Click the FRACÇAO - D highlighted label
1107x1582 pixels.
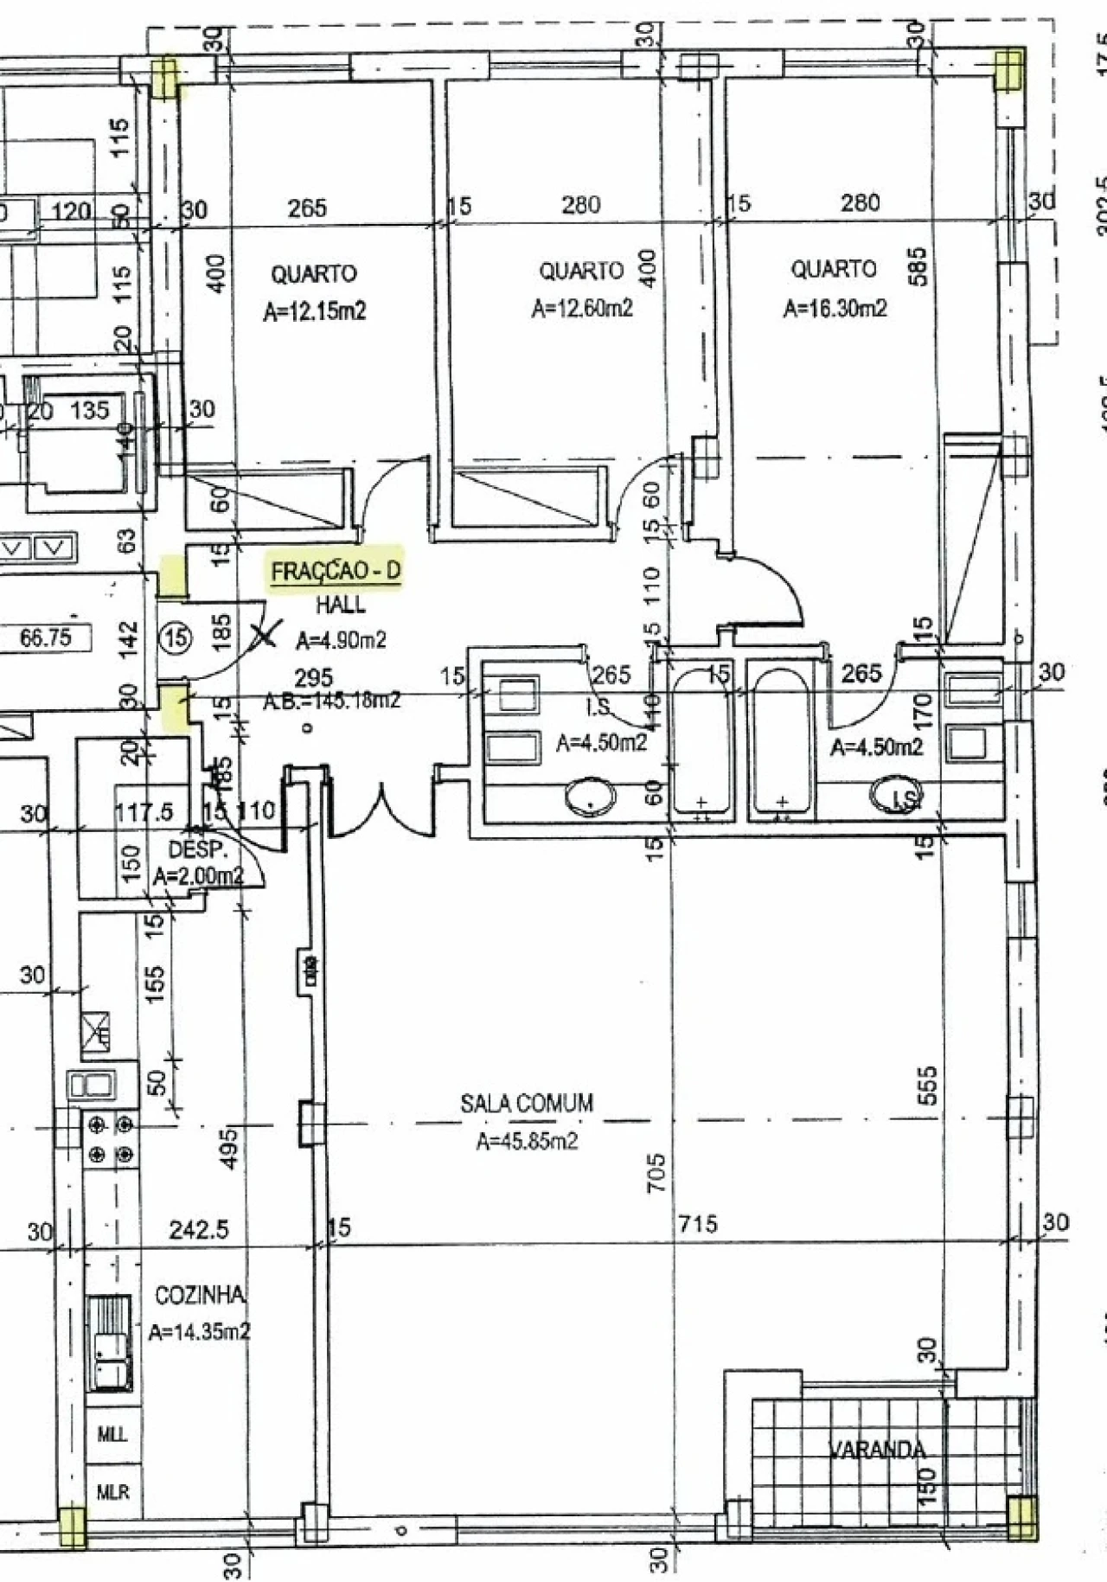pos(336,572)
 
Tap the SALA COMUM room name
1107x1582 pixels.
pos(527,1104)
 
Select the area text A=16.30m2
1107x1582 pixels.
pos(835,309)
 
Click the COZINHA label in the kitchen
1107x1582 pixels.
pos(200,1295)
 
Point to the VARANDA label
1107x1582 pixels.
pos(877,1450)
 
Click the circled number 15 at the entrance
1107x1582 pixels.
pos(176,638)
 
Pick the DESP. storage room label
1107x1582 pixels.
pos(197,850)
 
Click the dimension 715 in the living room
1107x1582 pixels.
pos(698,1224)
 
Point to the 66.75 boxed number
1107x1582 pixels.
pos(46,637)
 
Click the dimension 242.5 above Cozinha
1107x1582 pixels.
pos(199,1229)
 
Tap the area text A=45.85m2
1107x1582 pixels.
pos(527,1142)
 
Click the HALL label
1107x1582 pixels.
pos(341,604)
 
